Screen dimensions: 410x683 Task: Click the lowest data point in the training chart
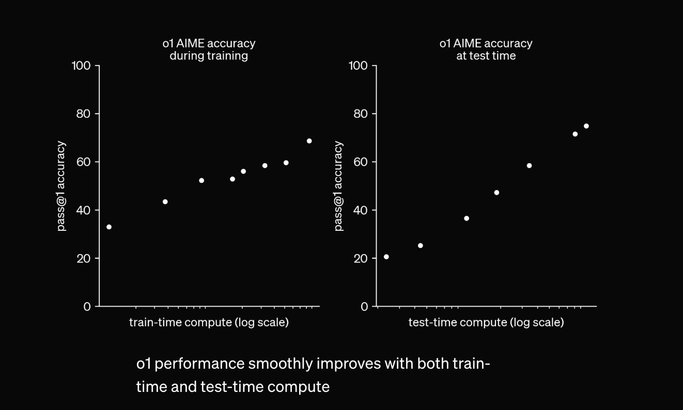[109, 227]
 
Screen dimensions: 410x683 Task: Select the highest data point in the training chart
[309, 141]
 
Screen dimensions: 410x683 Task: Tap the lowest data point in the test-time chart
[386, 257]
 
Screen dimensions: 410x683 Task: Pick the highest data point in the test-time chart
[586, 126]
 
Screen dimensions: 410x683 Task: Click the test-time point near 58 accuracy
[529, 166]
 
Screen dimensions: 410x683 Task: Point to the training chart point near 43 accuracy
[165, 201]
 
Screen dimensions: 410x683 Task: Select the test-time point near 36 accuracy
[467, 218]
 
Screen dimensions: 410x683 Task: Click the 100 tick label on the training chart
[82, 66]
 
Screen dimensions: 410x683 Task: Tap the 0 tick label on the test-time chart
[365, 307]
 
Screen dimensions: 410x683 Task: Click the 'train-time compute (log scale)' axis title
[209, 323]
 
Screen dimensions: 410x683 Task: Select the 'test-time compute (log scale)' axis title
[486, 323]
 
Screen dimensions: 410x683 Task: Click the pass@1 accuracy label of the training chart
[61, 186]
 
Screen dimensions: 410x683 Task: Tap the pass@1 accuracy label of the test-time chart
[339, 186]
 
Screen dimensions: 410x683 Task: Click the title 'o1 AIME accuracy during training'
[209, 50]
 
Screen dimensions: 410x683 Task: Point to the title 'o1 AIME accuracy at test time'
[486, 50]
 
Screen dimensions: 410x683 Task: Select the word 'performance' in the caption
[199, 364]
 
